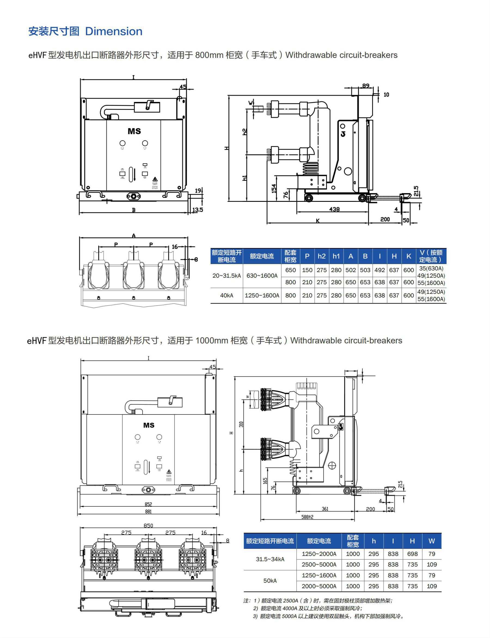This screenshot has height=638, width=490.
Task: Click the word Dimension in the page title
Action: click(x=114, y=32)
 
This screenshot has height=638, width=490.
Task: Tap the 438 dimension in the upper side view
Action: click(x=334, y=209)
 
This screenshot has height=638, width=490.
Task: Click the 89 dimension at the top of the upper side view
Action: click(x=366, y=86)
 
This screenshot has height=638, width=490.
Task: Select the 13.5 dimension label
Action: click(x=198, y=209)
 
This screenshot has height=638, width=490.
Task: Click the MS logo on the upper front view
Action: click(x=134, y=131)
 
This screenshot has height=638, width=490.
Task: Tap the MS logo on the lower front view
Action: click(x=149, y=425)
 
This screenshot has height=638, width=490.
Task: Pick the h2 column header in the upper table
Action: click(x=322, y=256)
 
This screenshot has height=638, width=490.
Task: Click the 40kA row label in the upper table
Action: click(x=226, y=295)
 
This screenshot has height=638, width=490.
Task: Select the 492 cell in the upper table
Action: click(x=379, y=270)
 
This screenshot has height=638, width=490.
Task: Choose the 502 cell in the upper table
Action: click(x=351, y=270)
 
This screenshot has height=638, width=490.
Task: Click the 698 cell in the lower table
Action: click(x=412, y=554)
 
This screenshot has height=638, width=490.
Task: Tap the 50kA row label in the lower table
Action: click(x=270, y=581)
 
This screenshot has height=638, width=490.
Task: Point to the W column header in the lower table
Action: click(x=432, y=541)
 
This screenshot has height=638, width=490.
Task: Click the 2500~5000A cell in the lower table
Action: click(x=319, y=565)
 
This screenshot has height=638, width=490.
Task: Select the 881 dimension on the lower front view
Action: click(x=148, y=512)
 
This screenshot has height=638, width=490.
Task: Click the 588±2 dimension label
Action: click(x=307, y=517)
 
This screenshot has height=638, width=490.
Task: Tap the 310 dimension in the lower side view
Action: click(x=241, y=425)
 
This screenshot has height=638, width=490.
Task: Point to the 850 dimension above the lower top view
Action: click(x=148, y=526)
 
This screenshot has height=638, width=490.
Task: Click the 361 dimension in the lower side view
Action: click(x=325, y=509)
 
